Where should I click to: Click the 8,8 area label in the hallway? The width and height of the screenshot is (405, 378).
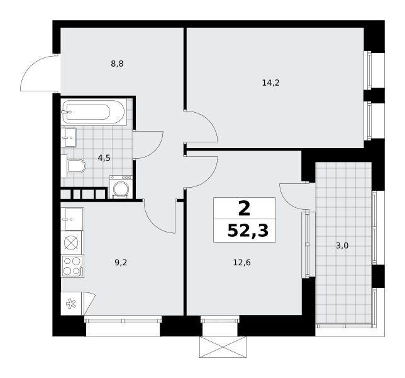point(117,64)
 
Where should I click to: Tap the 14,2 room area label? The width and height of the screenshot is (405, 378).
point(270,83)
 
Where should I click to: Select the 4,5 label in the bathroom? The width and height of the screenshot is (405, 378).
point(104,157)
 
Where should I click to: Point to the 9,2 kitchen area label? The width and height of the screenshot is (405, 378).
point(121,263)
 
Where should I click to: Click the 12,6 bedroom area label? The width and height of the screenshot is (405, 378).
point(242,263)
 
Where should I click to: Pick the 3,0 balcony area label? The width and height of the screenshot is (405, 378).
point(342,246)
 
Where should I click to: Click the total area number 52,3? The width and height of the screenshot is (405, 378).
point(248,231)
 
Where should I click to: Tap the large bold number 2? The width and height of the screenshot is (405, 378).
point(245,209)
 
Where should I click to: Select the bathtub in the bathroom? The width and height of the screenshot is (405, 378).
point(94,112)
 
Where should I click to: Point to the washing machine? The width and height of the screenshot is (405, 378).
point(121,187)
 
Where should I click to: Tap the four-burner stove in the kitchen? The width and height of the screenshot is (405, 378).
point(72,266)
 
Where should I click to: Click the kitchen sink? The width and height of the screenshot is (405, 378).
point(72,219)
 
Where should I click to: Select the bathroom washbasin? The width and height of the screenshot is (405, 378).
point(69,137)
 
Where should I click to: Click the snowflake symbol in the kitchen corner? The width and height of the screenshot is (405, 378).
point(71,304)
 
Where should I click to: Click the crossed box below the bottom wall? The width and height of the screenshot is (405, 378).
point(223,347)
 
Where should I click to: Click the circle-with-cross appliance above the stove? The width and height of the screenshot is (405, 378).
point(71,243)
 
